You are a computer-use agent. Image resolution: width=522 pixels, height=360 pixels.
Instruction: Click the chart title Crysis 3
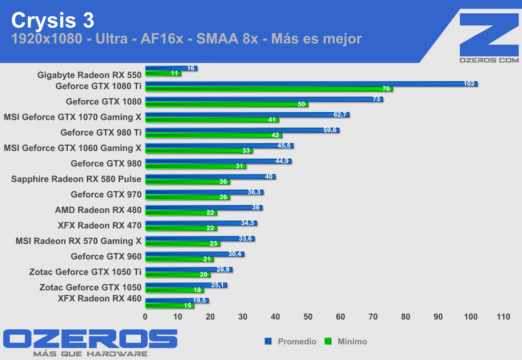(x=53, y=20)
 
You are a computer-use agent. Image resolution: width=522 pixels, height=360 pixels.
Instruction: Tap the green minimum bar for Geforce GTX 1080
(x=226, y=105)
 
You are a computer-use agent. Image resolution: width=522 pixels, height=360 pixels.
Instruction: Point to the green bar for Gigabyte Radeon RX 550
(x=163, y=73)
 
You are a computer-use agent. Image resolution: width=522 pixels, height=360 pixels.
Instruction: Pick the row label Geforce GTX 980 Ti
(x=101, y=132)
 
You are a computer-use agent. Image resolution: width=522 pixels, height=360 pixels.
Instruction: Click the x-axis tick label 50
(x=308, y=317)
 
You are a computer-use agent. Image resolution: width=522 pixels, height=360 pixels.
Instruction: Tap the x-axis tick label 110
(x=503, y=317)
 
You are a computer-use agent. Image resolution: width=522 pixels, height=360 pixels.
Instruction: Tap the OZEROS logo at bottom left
(x=90, y=339)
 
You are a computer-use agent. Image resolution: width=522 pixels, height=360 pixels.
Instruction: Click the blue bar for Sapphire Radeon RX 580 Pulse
(x=210, y=177)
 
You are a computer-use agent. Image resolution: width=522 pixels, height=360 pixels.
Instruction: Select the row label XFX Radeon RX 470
(x=100, y=225)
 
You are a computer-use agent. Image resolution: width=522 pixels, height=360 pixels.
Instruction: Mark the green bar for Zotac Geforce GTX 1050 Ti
(x=178, y=275)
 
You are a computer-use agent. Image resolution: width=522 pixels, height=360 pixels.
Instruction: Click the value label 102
(x=470, y=84)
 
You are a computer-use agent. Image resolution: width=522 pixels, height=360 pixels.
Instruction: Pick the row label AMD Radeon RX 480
(x=98, y=210)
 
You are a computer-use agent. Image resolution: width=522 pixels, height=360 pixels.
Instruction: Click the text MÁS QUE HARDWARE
(x=90, y=354)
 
